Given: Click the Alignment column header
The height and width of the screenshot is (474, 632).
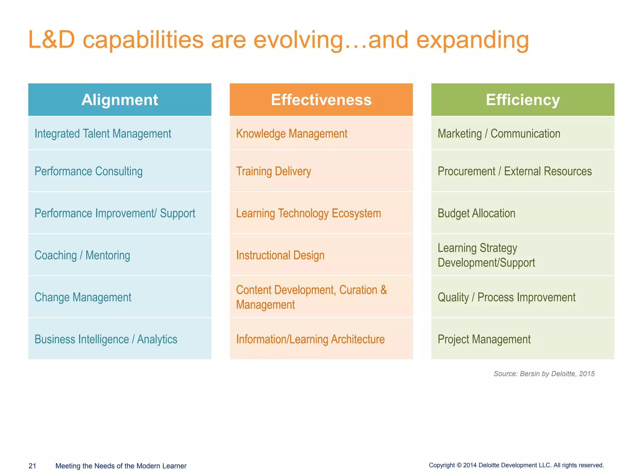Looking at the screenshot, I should [120, 100].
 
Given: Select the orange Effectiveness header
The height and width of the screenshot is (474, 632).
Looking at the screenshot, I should [321, 100].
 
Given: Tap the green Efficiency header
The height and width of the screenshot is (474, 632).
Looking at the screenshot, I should [523, 100].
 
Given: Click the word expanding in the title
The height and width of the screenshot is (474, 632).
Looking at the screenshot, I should [472, 40].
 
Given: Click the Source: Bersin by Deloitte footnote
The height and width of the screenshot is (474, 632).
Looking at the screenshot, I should [544, 374].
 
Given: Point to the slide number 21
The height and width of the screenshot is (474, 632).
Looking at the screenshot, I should [32, 466].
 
